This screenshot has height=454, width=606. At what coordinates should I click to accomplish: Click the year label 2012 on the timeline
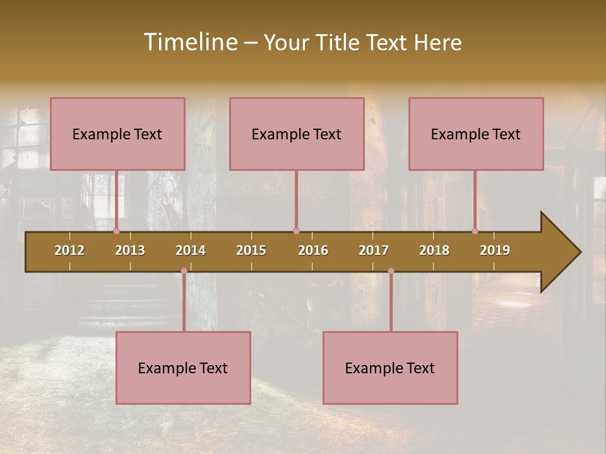coord(69,250)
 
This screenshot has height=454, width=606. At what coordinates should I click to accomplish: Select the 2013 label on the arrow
coord(130,250)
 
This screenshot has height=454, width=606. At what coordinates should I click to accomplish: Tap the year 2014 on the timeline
coord(191,250)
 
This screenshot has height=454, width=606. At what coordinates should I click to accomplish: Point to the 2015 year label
coord(251,250)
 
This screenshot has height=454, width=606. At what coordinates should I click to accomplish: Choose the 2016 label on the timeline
coord(313,250)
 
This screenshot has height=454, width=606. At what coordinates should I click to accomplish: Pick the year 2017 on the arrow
coord(374,250)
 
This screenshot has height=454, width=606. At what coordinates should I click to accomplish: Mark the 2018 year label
coord(434,250)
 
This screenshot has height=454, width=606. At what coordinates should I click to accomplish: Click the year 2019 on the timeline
coord(495,250)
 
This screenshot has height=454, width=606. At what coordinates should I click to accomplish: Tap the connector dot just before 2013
coord(117,231)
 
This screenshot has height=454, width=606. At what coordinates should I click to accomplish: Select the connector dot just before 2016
coord(296,231)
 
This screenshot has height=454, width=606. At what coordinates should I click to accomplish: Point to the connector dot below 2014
coord(184,271)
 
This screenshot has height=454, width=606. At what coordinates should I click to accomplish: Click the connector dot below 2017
coord(391,271)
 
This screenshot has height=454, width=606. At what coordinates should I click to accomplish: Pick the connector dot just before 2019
coord(475,231)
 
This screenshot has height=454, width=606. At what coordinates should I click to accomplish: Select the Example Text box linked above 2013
coord(117,134)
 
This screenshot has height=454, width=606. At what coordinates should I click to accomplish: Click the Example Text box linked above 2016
coord(297,134)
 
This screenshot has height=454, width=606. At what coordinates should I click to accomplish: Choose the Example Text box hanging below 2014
coord(183,368)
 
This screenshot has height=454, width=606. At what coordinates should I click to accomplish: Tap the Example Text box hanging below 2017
coord(390,368)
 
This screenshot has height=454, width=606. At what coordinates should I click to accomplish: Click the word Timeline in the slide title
coord(190,42)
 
